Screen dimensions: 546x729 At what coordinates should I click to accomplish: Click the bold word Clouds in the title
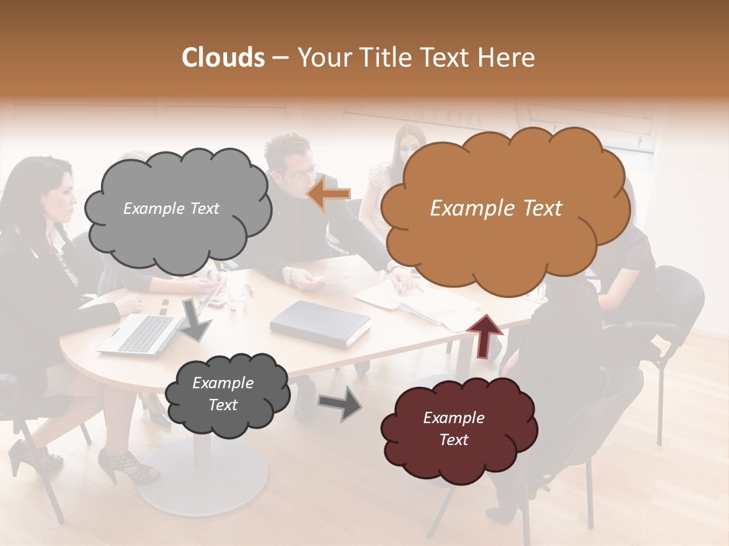[x=223, y=58]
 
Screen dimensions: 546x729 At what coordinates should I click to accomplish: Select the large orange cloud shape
[x=501, y=235]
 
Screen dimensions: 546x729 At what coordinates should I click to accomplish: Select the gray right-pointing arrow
[x=339, y=403]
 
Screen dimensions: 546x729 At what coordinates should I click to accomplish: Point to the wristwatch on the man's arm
[x=289, y=275]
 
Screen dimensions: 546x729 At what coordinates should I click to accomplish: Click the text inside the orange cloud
[x=496, y=209]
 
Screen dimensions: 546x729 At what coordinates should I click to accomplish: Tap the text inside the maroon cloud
[x=453, y=428]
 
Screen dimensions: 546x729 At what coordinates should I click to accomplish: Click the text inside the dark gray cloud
[x=222, y=394]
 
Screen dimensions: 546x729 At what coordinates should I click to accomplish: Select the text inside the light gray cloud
[x=171, y=209]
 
